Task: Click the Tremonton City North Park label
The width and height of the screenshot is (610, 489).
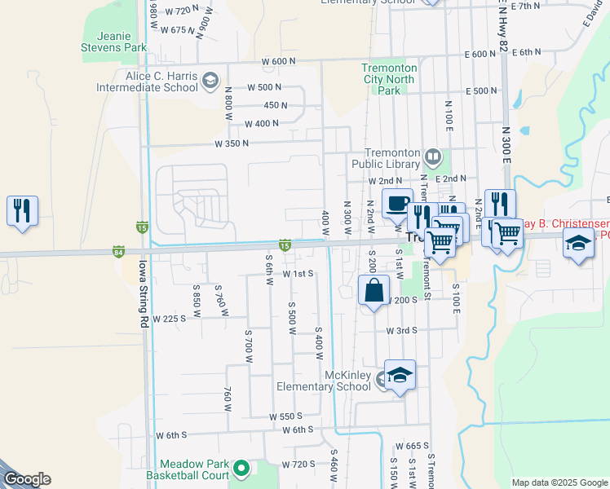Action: coord(389,80)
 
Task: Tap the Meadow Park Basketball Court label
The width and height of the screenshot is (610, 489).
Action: coord(187,469)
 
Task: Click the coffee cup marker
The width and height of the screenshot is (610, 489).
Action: coord(397,204)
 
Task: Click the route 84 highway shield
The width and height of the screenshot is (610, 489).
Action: coord(119,251)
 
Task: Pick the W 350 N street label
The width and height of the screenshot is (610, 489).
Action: coord(231,143)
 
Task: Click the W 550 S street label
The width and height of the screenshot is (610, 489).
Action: coord(287,416)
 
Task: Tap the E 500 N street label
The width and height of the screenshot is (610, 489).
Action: coord(481,90)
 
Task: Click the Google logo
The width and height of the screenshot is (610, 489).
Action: coord(27,479)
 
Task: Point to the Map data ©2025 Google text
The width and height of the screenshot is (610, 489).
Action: coord(559,482)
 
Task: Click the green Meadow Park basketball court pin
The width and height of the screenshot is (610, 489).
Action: coord(241,469)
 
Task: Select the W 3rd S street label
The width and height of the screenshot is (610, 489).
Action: coord(401,330)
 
